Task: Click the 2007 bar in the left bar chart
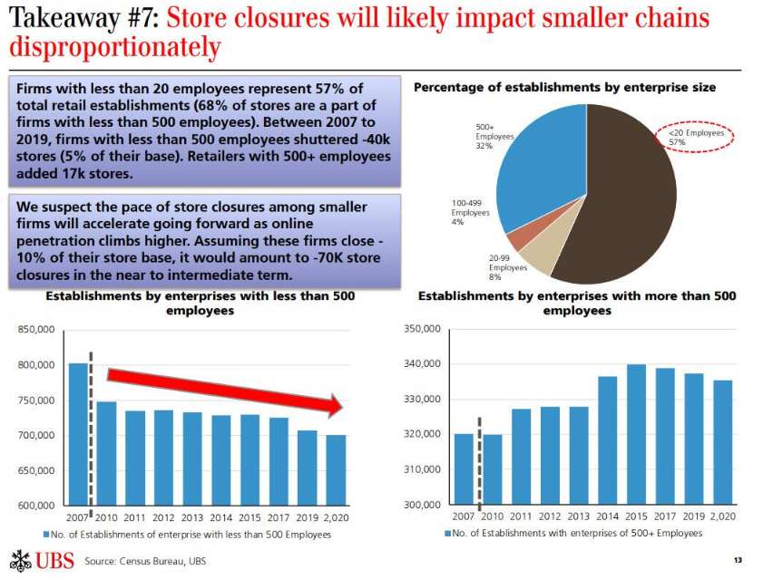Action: tap(78, 434)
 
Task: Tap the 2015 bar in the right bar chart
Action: tap(636, 434)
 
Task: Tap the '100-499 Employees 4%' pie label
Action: tap(470, 213)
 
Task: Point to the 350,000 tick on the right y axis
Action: tap(421, 330)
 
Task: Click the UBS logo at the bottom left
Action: tap(40, 560)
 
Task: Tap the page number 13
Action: tap(738, 561)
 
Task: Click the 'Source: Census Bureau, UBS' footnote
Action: tap(145, 561)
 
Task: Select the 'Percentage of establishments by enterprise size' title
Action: tap(564, 87)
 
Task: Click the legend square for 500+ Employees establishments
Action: tap(447, 534)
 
